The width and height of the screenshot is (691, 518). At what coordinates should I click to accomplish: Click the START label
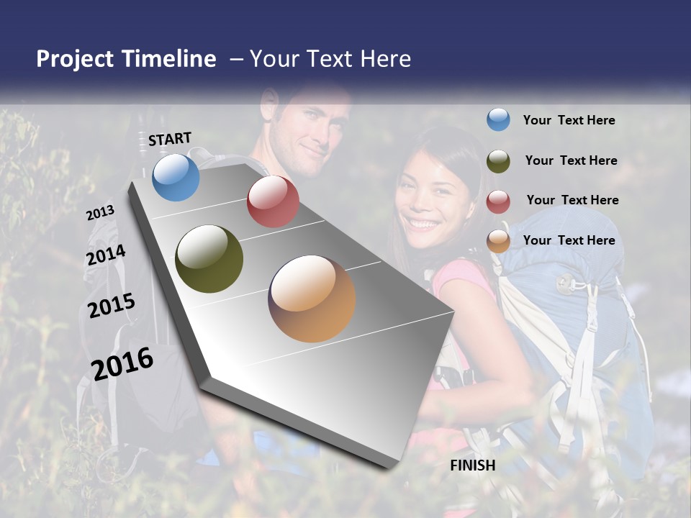pos(170,139)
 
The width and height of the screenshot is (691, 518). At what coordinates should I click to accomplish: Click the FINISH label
pos(473,465)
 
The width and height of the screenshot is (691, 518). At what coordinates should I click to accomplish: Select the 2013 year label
pos(100,213)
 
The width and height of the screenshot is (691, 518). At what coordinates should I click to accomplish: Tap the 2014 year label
pos(106,255)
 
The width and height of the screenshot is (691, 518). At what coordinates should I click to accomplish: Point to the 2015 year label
pos(112,306)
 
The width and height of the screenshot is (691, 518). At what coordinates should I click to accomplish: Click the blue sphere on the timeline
pos(176,178)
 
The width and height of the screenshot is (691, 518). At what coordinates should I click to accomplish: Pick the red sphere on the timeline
pos(273,201)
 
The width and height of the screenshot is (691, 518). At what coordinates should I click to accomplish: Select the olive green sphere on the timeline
pos(209,259)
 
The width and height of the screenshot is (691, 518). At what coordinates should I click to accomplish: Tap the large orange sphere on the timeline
pos(312,299)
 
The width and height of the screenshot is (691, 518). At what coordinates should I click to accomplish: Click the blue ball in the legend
pos(498,119)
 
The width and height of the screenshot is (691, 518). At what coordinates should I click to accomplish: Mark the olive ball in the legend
pos(498,161)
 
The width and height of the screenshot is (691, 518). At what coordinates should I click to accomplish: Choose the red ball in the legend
pos(498,201)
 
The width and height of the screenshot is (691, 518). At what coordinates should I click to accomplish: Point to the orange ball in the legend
pos(498,241)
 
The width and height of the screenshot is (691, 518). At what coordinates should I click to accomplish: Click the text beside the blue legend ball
pos(569,120)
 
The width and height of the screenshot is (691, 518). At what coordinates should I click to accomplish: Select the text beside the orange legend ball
pos(569,240)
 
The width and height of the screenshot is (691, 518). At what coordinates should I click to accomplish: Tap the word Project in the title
pos(75,59)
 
